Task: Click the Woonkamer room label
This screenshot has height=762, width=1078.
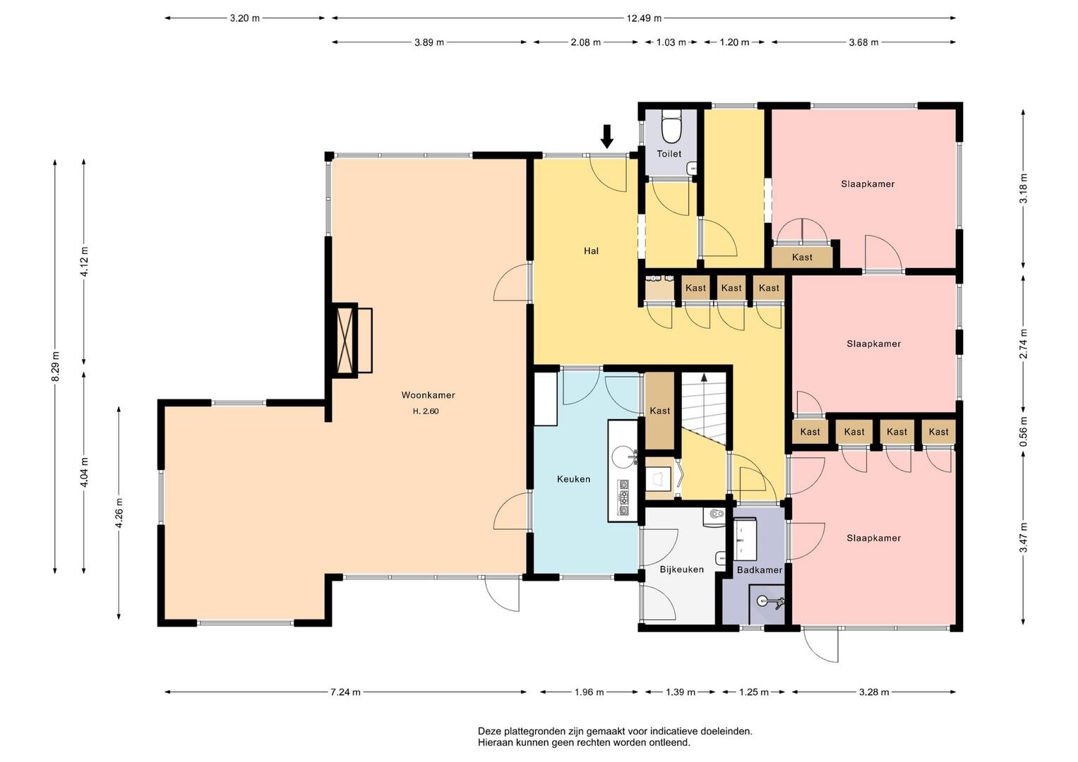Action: tap(428, 395)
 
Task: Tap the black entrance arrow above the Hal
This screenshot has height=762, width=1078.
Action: tap(607, 137)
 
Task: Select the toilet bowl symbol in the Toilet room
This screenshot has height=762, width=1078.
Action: tap(671, 127)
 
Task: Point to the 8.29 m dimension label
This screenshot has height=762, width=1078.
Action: tap(56, 366)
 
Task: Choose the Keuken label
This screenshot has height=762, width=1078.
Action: tap(573, 479)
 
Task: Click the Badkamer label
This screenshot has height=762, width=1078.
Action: tap(760, 570)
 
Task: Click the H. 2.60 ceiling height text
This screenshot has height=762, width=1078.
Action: tap(426, 411)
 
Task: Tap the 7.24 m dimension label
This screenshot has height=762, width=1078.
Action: tap(345, 692)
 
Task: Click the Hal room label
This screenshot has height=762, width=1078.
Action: tap(591, 250)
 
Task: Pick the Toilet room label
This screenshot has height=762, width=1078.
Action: tap(669, 154)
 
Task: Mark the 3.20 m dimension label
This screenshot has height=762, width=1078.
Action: tap(244, 18)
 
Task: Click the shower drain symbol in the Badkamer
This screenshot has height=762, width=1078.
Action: tap(762, 600)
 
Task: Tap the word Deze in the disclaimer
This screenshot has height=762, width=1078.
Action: tap(489, 731)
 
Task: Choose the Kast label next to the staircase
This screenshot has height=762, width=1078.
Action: tap(659, 411)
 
